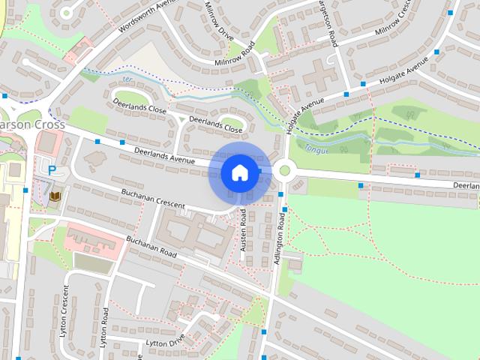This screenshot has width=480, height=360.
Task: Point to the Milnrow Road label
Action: click(x=235, y=56)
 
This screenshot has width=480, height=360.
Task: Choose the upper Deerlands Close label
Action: click(x=139, y=108)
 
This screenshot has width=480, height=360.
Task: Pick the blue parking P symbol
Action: click(x=52, y=170)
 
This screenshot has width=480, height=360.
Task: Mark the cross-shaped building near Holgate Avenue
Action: click(x=319, y=76)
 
